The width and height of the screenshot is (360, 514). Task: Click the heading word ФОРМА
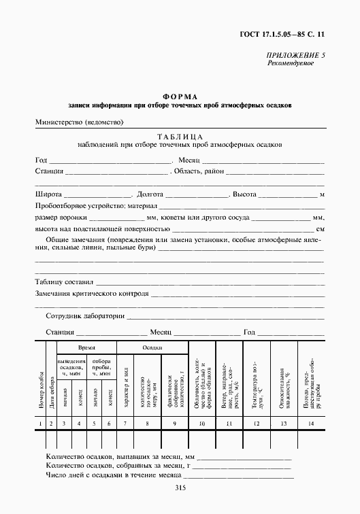[x=180, y=97]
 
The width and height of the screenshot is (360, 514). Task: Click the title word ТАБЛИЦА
[x=180, y=135]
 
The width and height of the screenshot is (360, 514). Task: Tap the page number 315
[x=180, y=487]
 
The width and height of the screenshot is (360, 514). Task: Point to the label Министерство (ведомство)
[x=79, y=122]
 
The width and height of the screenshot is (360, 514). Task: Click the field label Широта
[x=48, y=194]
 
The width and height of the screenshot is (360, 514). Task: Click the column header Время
[x=86, y=347]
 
